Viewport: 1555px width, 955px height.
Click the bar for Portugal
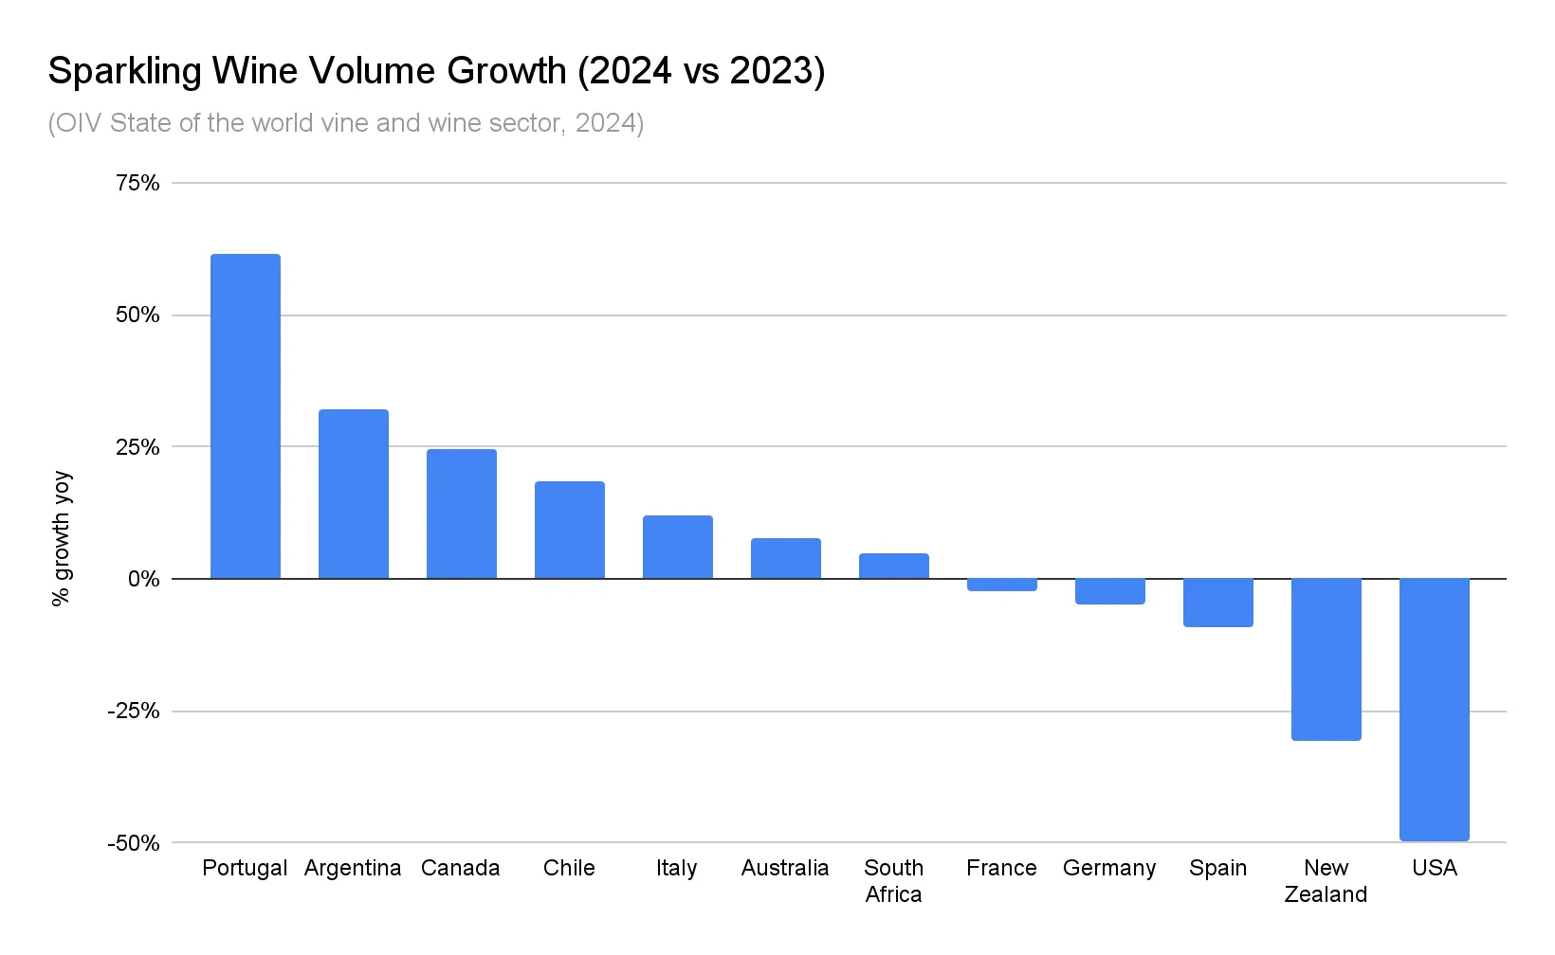[245, 417]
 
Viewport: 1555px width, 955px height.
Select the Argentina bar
[353, 494]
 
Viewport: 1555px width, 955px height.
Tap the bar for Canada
[461, 514]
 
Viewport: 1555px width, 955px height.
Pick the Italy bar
[677, 547]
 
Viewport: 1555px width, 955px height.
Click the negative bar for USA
[1434, 709]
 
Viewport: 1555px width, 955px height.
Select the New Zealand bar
[1326, 658]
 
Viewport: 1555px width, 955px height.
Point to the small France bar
[1001, 585]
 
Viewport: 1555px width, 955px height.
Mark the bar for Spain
[1217, 603]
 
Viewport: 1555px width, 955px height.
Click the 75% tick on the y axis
[137, 183]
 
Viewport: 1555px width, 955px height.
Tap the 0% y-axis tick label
[143, 579]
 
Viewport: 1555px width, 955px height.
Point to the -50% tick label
[134, 843]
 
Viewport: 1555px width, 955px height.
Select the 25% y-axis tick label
[137, 447]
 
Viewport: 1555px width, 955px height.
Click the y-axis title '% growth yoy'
[62, 538]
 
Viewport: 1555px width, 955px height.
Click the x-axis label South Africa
[893, 881]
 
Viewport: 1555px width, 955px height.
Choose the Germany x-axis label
[1109, 868]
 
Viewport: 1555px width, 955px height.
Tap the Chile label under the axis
[569, 868]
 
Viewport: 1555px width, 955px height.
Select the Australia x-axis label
[785, 868]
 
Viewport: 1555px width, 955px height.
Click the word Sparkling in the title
[124, 72]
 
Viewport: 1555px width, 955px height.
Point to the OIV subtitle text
[346, 123]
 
